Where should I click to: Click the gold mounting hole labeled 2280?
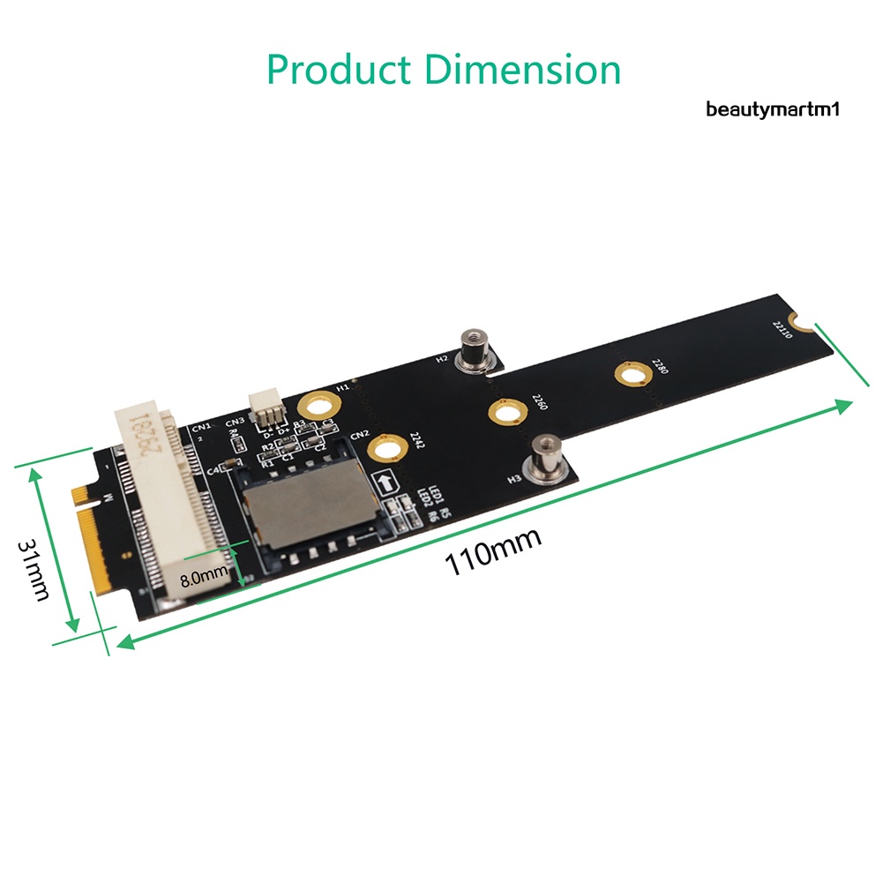pyautogui.click(x=630, y=377)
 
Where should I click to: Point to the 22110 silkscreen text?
pyautogui.click(x=782, y=331)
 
